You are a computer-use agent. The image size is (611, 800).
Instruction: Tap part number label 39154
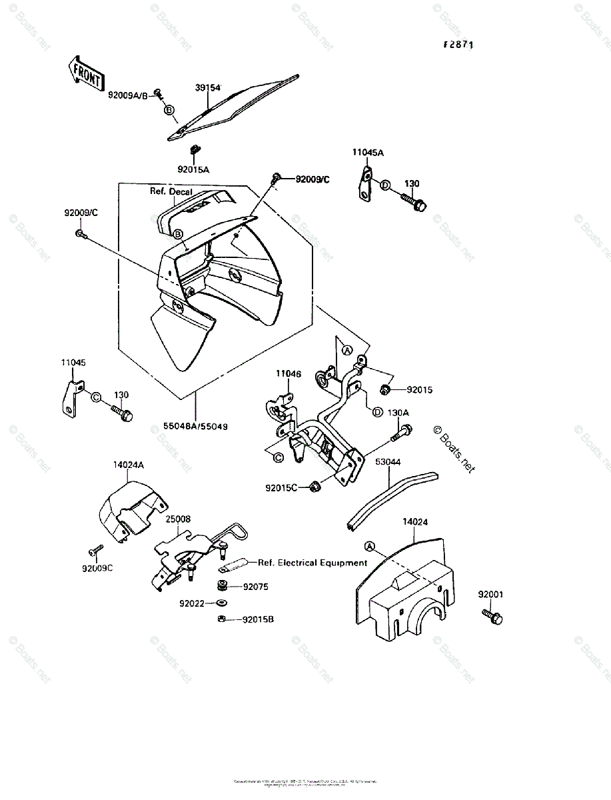coord(208,87)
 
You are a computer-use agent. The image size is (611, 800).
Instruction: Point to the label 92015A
coord(193,169)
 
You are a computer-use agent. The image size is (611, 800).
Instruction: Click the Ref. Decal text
coord(171,191)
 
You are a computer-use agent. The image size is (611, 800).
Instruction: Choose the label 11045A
coord(368,153)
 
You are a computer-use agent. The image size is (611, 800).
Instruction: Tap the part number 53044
coord(388,461)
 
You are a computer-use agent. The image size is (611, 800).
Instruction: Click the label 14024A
coord(128,465)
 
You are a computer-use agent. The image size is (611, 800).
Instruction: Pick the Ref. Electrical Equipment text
coord(312,563)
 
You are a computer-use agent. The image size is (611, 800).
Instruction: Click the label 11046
coord(289,374)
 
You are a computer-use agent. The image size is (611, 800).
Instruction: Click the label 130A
coord(398,413)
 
